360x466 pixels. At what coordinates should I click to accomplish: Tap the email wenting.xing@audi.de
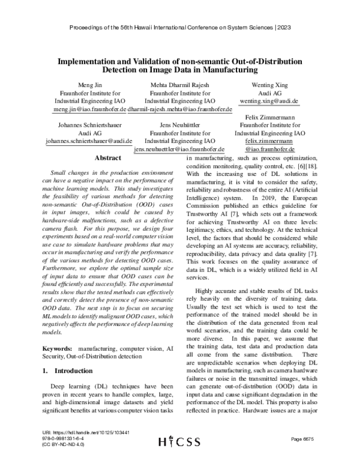pos(269,102)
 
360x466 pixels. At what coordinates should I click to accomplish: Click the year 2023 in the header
pos(286,28)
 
